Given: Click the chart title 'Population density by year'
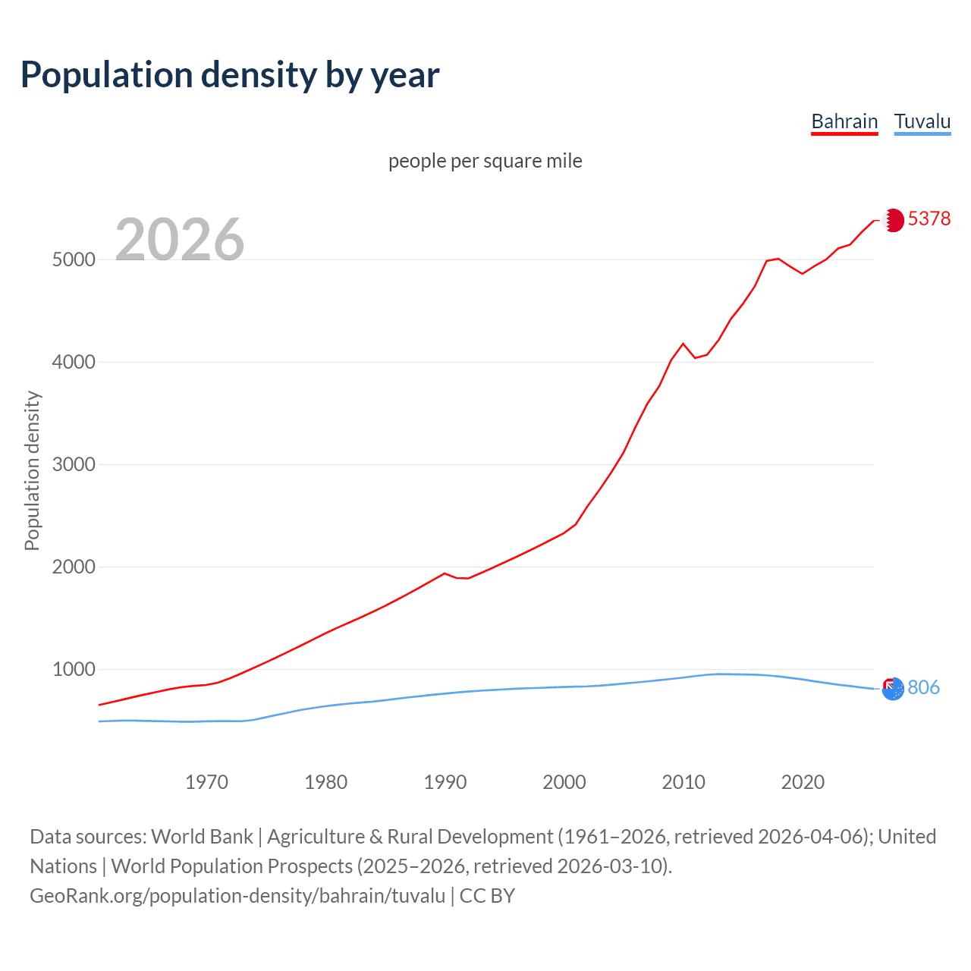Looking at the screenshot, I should [230, 75].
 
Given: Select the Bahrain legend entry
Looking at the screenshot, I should [844, 121].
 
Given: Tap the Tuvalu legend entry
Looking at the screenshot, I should [922, 121].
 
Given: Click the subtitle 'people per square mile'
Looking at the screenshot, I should [485, 161].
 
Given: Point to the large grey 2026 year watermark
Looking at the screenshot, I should [180, 240].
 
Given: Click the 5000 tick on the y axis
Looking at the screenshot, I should [74, 259].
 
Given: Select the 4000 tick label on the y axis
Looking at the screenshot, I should [74, 362].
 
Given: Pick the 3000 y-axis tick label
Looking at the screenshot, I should [74, 464].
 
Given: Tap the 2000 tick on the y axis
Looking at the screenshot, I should [74, 567].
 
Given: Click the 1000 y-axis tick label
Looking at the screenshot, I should [74, 669].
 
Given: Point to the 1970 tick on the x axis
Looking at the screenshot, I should [206, 781].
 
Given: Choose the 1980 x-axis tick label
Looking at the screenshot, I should [325, 781].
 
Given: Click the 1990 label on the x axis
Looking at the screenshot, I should [445, 781].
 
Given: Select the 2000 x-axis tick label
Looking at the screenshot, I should [564, 781].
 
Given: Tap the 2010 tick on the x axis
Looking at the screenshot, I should [683, 781].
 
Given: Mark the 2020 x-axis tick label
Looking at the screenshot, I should [803, 781].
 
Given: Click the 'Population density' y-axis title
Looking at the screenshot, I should [32, 470].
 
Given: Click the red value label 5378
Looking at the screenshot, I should [929, 218].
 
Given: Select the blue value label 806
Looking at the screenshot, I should [923, 687].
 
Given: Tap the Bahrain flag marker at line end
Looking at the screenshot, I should [894, 220].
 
